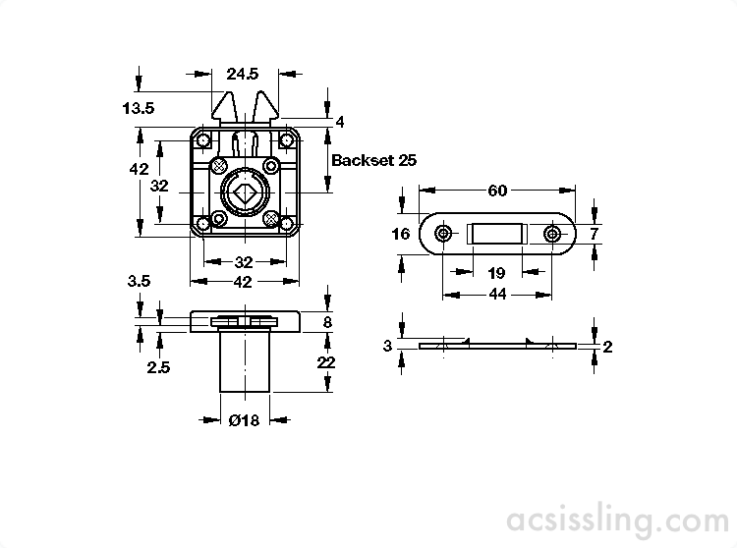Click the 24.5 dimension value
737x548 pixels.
tap(243, 74)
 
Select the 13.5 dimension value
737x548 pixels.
tap(139, 108)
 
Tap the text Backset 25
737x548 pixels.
tap(374, 160)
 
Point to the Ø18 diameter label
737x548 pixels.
tap(244, 419)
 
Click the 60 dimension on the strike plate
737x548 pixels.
tap(497, 191)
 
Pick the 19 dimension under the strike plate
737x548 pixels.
tap(497, 273)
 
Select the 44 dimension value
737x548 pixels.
tap(497, 295)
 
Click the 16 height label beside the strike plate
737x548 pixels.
tap(401, 234)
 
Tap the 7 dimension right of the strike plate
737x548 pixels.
tap(594, 234)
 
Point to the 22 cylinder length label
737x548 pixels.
tap(326, 362)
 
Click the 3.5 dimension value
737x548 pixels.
tap(139, 281)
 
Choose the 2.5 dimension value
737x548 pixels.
tap(158, 367)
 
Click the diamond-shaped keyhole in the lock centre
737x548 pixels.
tap(244, 193)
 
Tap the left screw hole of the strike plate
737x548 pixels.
tap(443, 234)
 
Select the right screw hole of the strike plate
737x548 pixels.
tap(552, 234)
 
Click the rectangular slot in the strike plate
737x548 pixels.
tap(494, 234)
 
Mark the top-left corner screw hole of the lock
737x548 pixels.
tap(203, 140)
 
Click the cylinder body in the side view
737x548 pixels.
tap(245, 361)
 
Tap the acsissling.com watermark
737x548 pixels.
tap(618, 521)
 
